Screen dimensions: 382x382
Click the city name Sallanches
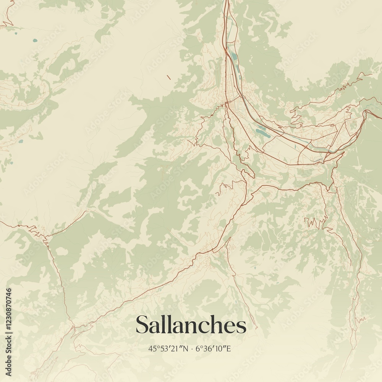[x=191, y=325]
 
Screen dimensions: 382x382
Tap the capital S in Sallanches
[x=142, y=325]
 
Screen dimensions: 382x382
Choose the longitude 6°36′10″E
[x=214, y=348]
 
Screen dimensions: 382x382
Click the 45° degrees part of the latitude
[x=154, y=348]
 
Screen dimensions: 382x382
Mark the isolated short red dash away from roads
[x=168, y=77]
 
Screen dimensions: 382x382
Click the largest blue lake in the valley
[x=263, y=131]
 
